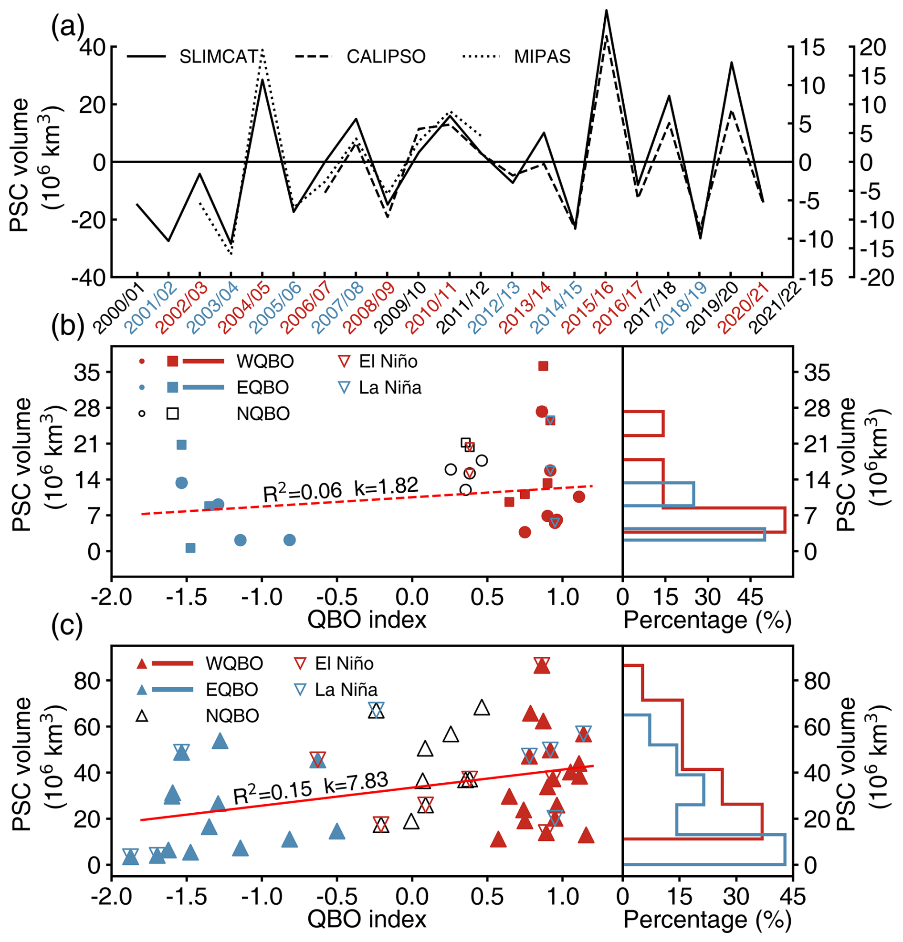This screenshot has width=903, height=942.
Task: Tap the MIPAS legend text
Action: tap(542, 57)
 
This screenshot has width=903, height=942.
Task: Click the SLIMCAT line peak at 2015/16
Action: tap(606, 10)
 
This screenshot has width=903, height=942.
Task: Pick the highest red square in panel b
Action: tap(543, 366)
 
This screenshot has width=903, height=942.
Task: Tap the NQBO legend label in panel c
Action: tap(232, 715)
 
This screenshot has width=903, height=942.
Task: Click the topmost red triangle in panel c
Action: tap(542, 666)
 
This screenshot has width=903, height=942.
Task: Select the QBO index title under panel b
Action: tap(367, 620)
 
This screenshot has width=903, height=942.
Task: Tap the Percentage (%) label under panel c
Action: tap(707, 919)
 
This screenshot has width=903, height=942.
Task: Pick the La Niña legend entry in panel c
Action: tap(346, 690)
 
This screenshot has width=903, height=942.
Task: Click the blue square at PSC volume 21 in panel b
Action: tap(181, 445)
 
